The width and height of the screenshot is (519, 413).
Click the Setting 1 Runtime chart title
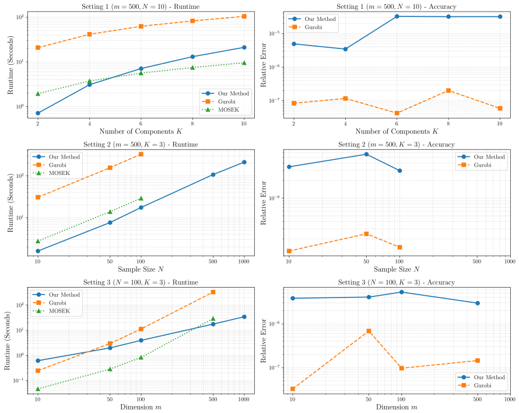141,6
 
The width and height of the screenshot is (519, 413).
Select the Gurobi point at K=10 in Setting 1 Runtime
244,16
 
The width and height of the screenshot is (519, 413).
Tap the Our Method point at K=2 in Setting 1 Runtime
38,113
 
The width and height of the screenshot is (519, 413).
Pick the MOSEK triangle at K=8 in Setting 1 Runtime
192,68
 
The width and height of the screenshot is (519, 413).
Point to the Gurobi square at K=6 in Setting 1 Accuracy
397,113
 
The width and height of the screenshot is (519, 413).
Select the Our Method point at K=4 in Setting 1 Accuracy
345,49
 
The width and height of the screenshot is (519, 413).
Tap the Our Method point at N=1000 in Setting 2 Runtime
244,162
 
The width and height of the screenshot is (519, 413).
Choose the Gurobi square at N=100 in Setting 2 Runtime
141,154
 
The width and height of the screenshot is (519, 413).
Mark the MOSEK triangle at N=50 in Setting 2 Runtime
110,212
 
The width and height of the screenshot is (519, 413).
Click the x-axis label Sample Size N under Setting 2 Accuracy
397,269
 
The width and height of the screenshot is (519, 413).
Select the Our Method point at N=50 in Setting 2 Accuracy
366,155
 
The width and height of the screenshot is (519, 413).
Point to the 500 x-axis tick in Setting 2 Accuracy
476,261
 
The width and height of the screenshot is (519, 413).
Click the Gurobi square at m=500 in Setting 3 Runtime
213,292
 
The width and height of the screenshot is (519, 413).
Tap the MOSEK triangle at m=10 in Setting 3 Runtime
38,389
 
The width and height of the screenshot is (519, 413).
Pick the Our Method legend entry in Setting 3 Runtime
56,295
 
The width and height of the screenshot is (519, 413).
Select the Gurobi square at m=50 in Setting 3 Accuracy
369,331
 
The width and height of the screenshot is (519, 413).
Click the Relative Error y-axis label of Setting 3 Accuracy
264,341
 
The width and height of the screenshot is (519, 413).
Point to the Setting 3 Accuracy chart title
397,282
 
